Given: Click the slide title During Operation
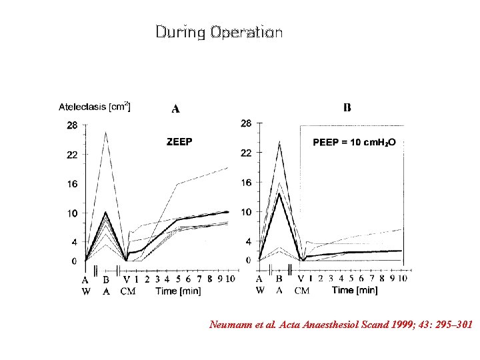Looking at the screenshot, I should pos(219,32).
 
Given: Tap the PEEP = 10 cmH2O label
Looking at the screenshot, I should pos(354,142).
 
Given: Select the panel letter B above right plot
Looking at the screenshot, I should pos(347,108).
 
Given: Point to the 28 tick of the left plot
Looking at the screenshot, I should pos(71,125).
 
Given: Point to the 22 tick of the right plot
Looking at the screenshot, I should pos(246,153).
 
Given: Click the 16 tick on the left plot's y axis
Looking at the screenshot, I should pos(71,184).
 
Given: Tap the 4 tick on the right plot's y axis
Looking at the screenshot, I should pos(248,241).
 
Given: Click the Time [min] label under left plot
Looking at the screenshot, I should pos(178,291).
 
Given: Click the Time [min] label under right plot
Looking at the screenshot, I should pos(354,290).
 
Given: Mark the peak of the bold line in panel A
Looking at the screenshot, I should pos(105,212).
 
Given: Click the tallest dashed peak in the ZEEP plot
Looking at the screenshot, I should pos(105,132).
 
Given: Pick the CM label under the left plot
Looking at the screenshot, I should pos(127,291).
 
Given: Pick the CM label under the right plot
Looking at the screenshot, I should pos(302,291).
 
